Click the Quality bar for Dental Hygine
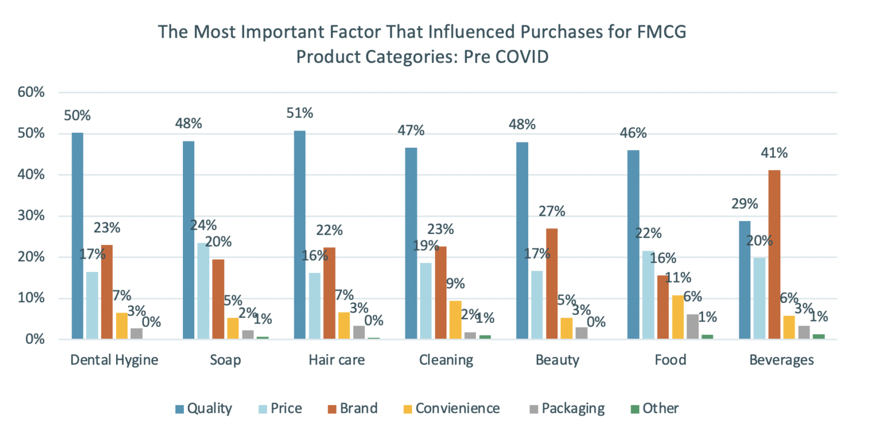(x=77, y=236)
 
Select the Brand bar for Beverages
(x=775, y=255)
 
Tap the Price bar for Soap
(x=203, y=291)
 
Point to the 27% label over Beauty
(x=552, y=212)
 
